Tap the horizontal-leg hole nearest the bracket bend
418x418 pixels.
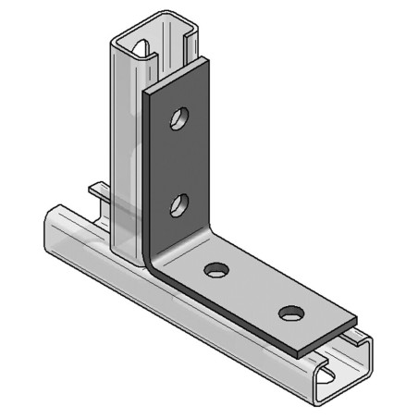pyautogui.click(x=215, y=270)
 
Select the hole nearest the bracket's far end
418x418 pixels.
pyautogui.click(x=290, y=313)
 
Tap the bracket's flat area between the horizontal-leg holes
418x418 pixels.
pyautogui.click(x=252, y=291)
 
